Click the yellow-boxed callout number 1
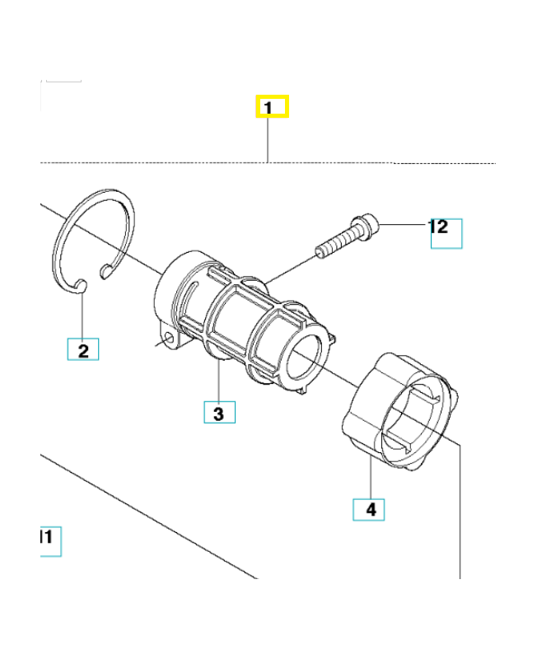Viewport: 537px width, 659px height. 271,107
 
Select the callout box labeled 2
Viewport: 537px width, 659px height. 83,350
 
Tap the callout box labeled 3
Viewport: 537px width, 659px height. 219,413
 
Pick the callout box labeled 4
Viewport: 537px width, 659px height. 370,509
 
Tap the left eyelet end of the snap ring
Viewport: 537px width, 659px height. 81,285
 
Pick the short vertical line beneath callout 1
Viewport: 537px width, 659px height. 269,140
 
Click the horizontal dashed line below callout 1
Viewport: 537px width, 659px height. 165,163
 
